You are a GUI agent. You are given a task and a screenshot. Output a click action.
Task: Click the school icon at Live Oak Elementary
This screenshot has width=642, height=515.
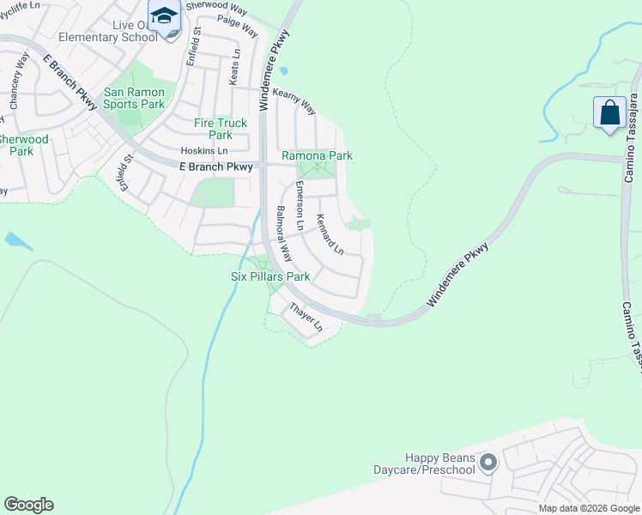(166, 16)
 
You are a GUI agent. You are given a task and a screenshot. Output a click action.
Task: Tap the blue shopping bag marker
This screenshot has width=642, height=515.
(609, 113)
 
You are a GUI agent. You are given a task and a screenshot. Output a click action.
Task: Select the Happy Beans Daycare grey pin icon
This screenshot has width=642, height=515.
(488, 463)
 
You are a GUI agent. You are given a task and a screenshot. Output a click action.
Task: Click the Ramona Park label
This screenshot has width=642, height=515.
(318, 156)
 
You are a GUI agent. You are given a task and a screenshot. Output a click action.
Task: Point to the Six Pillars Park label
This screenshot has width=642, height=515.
(270, 277)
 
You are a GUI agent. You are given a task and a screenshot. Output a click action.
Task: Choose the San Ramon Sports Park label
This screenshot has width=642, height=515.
(134, 98)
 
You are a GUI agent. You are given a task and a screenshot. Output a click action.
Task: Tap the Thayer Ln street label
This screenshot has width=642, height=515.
(306, 318)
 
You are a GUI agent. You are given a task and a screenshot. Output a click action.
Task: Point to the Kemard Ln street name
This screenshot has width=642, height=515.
(330, 234)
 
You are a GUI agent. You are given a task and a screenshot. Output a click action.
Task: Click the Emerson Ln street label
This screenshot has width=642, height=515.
(300, 206)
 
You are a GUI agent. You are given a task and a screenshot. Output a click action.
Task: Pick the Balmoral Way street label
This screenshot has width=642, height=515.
(284, 234)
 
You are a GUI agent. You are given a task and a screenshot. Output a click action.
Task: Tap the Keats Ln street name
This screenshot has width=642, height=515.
(234, 66)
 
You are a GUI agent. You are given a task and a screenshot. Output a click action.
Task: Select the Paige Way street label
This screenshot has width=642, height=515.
(238, 26)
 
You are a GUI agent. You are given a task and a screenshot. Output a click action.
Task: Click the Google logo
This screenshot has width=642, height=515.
(28, 505)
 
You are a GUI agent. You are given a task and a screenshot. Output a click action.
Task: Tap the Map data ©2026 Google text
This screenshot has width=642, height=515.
(588, 508)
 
